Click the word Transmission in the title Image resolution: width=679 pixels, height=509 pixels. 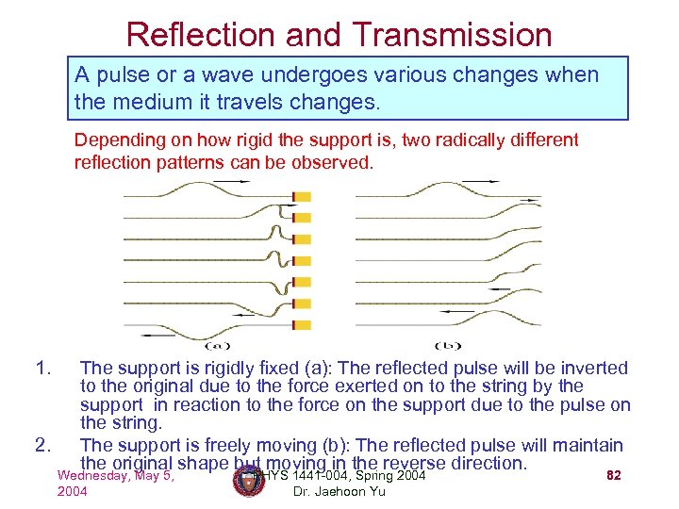pyautogui.click(x=453, y=35)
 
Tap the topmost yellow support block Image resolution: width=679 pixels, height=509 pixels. pyautogui.click(x=302, y=197)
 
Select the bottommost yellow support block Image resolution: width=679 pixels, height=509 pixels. pyautogui.click(x=302, y=325)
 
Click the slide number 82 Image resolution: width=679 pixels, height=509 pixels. pyautogui.click(x=613, y=476)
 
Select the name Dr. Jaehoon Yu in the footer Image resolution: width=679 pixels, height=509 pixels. pyautogui.click(x=339, y=492)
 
